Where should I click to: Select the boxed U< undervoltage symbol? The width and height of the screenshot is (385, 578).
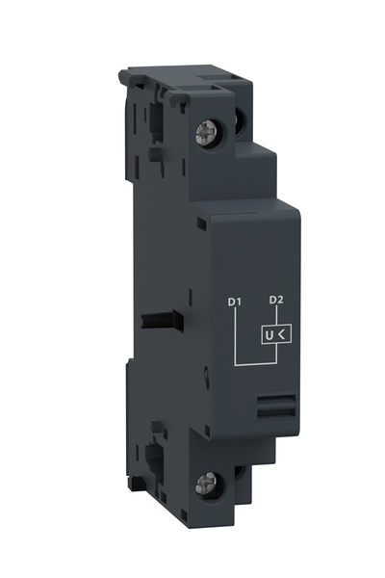[x=276, y=336]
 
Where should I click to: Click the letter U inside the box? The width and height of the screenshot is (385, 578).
[x=270, y=336]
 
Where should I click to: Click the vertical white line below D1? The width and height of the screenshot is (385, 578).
[x=235, y=337]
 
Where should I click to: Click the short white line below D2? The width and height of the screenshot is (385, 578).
[x=276, y=319]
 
